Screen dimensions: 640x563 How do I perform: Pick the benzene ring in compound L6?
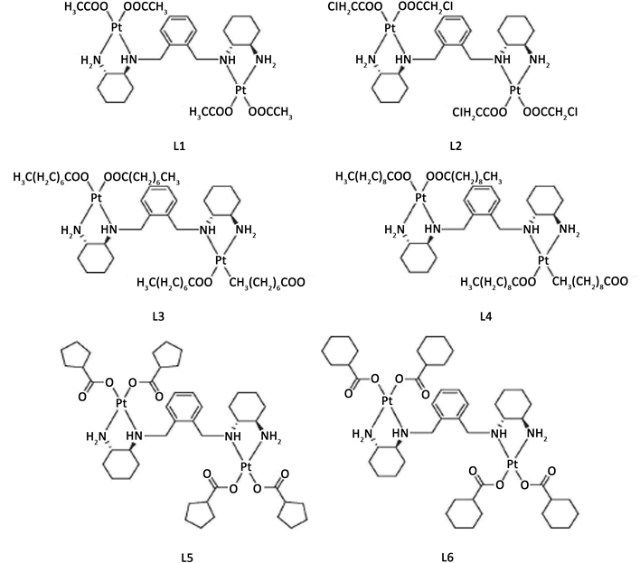coord(458,407)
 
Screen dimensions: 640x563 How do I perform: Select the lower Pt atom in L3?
coord(218,260)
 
